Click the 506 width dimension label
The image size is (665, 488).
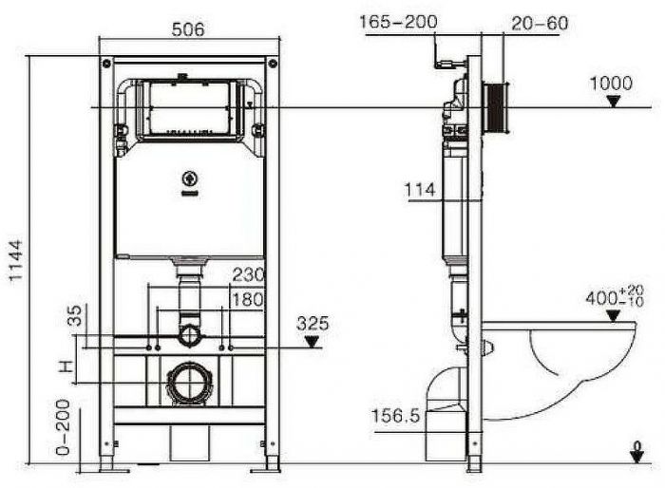point(189,29)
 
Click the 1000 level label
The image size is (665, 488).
point(611,83)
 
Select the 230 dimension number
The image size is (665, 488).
point(248,276)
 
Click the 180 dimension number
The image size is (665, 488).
point(248,299)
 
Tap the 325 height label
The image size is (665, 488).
point(313,324)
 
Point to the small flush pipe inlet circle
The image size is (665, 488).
point(189,334)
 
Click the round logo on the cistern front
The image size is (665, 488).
point(187,178)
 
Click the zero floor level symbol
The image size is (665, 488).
point(635,452)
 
